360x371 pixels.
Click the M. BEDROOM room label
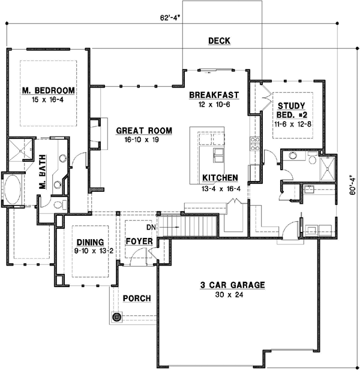click(49, 91)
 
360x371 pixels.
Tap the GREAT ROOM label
click(144, 131)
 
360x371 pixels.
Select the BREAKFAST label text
click(214, 95)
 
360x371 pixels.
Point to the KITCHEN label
click(220, 177)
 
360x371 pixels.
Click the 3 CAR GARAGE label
click(232, 285)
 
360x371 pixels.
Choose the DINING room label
click(90, 242)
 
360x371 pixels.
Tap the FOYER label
click(139, 242)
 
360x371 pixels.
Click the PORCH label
click(137, 298)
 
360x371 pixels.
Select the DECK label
click(219, 41)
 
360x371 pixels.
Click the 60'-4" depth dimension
click(352, 185)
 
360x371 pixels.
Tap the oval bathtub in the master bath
click(13, 189)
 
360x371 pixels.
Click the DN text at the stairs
click(151, 227)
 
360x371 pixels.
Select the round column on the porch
click(116, 316)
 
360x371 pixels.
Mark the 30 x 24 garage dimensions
click(229, 295)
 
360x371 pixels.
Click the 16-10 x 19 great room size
click(142, 140)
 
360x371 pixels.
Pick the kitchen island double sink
click(218, 155)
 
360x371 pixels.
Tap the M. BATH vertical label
click(43, 172)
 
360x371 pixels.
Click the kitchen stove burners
click(255, 143)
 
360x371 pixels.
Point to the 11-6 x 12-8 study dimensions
click(293, 124)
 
